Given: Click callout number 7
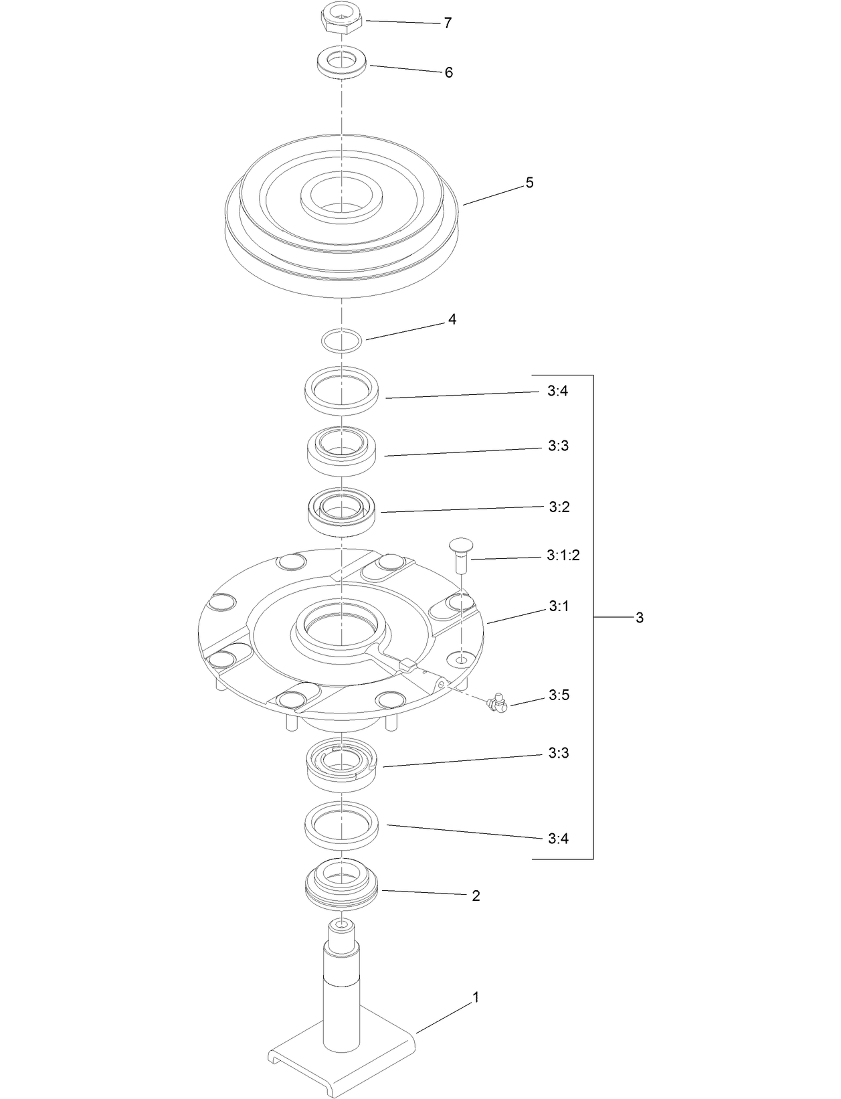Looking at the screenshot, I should coord(448,23).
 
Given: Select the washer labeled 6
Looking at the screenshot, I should coord(342,63).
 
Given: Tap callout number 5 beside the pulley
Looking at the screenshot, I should coord(529,183).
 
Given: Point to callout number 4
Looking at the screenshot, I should coord(452,320).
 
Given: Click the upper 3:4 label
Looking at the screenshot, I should coord(557,391).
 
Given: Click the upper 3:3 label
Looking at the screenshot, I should coord(558,446).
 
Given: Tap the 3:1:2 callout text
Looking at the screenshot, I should coord(563,556).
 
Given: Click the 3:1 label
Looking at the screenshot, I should coord(559,606).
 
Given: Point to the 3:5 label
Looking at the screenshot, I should coord(559,695).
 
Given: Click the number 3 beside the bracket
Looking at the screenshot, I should coord(639,618).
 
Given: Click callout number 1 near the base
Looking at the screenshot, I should coord(476,997).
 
